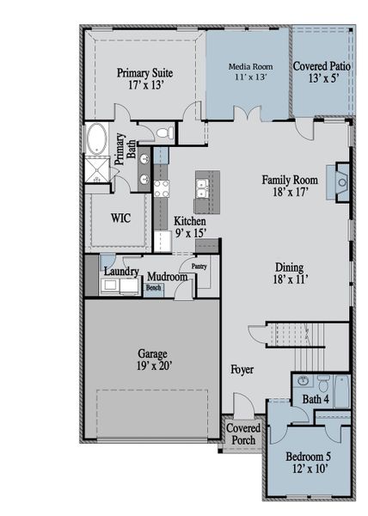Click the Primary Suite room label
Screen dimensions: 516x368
point(145,79)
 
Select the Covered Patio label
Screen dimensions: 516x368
point(322,71)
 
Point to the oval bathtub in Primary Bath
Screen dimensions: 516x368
point(95,138)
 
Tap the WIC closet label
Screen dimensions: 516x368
point(120,218)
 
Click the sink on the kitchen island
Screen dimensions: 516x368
point(205,184)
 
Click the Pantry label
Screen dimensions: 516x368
point(199,267)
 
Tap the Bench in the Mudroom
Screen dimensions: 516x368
point(152,288)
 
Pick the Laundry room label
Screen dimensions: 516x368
point(121,272)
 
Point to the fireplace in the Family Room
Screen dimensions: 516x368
point(341,182)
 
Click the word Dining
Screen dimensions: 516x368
point(289,267)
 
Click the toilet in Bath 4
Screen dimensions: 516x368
point(324,384)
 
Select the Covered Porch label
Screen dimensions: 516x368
point(244,433)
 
